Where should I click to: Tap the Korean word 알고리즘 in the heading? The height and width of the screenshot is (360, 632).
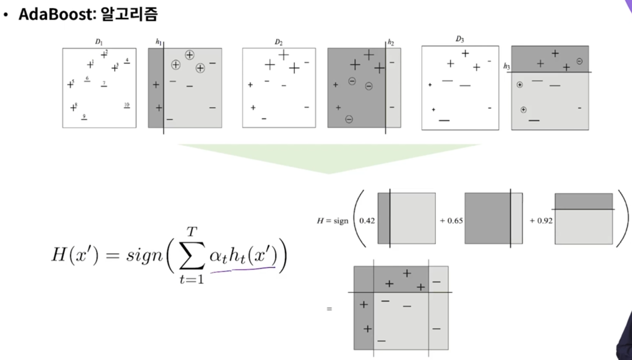[x=129, y=16]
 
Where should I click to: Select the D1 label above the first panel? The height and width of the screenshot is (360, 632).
[x=99, y=43]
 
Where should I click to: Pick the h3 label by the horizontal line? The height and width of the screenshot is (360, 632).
[x=507, y=66]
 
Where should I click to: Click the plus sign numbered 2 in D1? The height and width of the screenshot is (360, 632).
[x=104, y=55]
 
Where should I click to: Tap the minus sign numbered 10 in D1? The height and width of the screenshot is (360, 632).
[x=127, y=107]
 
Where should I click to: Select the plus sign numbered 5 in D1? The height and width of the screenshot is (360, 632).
[x=70, y=84]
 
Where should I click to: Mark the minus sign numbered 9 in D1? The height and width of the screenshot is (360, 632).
[x=84, y=119]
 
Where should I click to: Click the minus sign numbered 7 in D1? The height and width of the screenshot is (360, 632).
[x=104, y=86]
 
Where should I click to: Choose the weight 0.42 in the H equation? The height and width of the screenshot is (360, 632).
[x=365, y=221]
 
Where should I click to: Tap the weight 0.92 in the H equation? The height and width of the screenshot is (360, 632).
[x=541, y=221]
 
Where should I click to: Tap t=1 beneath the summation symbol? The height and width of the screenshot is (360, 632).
[x=191, y=279]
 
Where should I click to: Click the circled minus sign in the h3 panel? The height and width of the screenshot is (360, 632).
[x=579, y=61]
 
